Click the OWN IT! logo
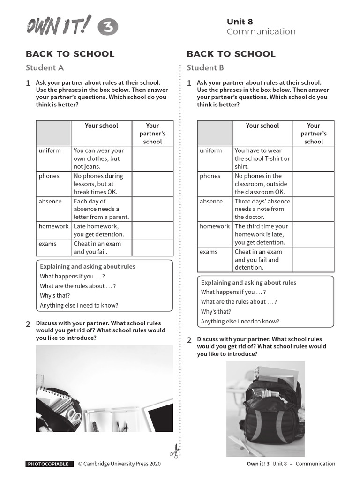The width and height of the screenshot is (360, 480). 59,26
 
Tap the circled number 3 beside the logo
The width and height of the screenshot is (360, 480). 108,28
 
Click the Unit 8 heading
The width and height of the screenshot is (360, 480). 240,22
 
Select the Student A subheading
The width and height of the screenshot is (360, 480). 45,67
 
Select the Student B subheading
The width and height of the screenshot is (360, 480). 205,67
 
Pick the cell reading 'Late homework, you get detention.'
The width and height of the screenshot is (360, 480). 101,230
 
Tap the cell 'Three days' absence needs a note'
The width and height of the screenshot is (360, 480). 263,209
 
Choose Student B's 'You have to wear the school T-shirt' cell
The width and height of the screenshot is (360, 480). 263,158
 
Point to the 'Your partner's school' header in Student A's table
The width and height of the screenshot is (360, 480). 152,133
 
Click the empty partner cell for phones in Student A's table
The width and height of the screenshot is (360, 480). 152,184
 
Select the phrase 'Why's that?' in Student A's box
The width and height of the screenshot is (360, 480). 55,295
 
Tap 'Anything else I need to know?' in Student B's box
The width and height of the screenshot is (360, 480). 240,321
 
